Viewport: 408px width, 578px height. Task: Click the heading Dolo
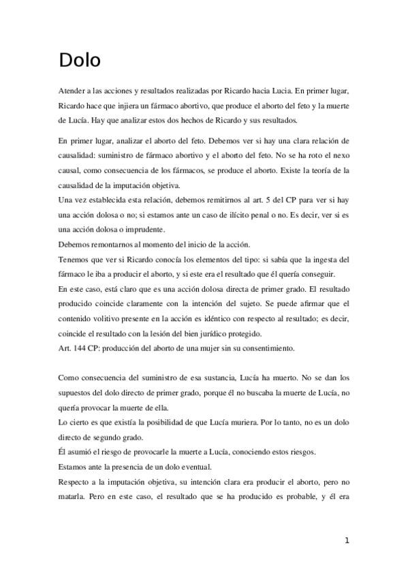80,60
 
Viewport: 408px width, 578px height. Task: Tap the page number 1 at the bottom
347,541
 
